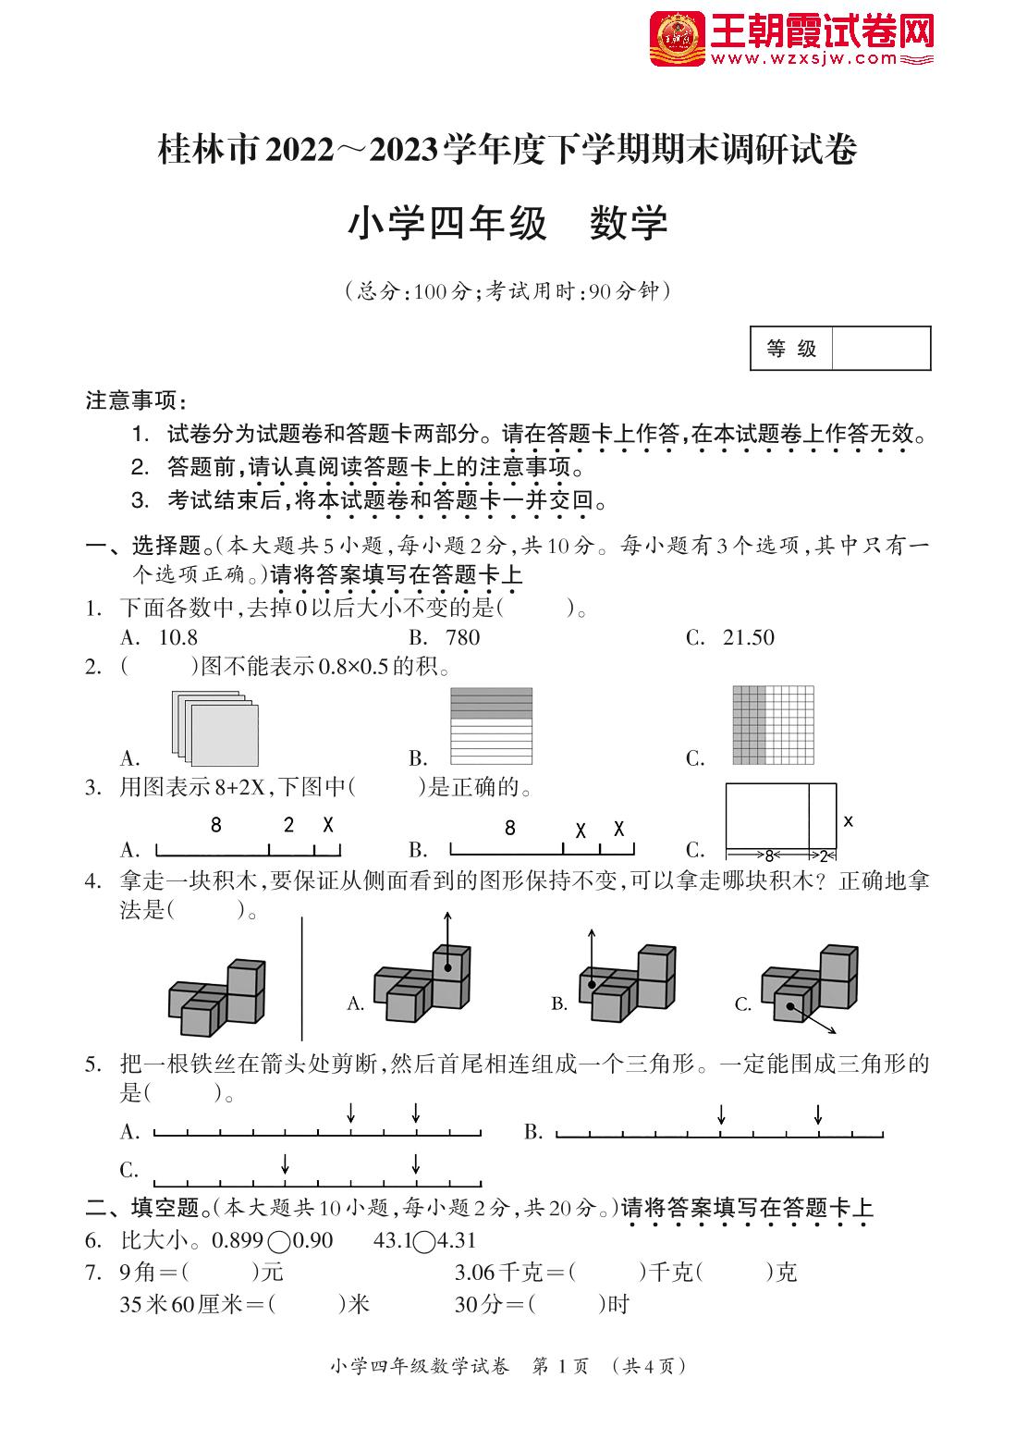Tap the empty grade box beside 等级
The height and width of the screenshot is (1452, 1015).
[880, 349]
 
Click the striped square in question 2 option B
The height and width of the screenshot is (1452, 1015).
[491, 726]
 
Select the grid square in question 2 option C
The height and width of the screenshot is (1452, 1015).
[773, 725]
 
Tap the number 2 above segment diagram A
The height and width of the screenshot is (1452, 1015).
[288, 825]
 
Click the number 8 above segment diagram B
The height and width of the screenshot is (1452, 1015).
[510, 828]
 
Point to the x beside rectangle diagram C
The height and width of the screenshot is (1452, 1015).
[848, 820]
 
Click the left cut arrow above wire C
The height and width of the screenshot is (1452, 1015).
[286, 1163]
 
